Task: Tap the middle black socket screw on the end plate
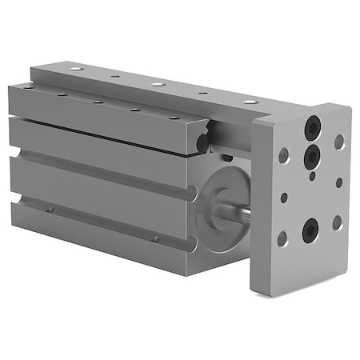coord(310,157)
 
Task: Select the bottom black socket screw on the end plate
coord(308,231)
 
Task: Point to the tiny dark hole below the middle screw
coord(313,177)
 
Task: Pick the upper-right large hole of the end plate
coord(339,142)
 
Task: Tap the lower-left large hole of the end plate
coord(282,238)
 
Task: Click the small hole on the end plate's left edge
coord(284,197)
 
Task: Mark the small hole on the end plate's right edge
coord(338,182)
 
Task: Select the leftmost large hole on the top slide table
coord(76,70)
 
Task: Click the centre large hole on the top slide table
coord(158,83)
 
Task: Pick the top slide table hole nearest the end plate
coord(250,101)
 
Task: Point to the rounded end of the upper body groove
coord(190,194)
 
